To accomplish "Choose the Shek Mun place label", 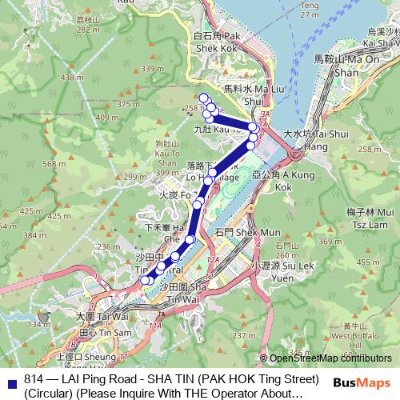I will click(235, 231).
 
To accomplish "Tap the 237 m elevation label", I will click(239, 335).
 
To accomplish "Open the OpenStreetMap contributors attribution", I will click(330, 358).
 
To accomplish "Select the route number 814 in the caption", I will click(34, 378).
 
